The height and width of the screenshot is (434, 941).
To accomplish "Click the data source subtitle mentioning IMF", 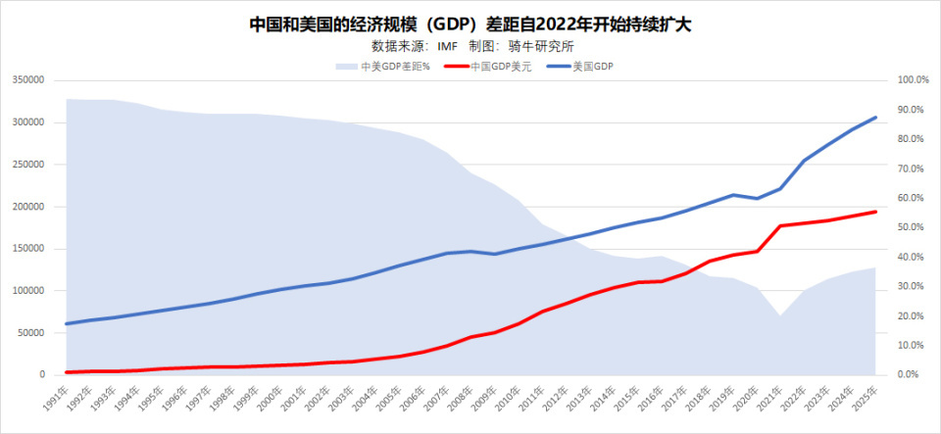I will [x=470, y=46].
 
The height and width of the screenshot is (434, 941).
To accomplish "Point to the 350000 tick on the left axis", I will [x=29, y=80].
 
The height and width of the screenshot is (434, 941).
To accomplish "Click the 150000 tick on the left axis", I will [x=29, y=249].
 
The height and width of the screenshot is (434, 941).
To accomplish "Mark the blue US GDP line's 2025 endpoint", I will [x=876, y=118].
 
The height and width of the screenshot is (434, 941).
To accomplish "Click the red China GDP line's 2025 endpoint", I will [x=876, y=212].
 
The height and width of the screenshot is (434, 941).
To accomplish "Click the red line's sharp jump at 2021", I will [x=780, y=226].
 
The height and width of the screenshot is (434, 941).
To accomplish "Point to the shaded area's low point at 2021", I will [x=780, y=315].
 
